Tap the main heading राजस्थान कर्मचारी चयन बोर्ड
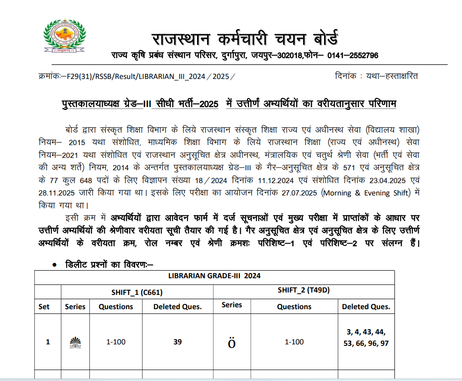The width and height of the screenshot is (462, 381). coord(245,38)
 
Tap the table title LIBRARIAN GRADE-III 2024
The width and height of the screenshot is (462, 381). coord(214,276)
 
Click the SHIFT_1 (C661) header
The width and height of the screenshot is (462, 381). coord(137,292)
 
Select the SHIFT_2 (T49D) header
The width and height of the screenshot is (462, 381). coord(304,290)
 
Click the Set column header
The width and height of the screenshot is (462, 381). coord(44,307)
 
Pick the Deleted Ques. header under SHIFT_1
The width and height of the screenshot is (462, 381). coord(177,307)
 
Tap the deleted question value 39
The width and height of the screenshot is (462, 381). coord(177,342)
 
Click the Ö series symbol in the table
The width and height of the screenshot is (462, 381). coord(232,342)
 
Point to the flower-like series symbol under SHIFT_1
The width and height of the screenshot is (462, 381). coord(75,342)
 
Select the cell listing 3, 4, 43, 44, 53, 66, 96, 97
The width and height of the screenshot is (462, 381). coord(366,337)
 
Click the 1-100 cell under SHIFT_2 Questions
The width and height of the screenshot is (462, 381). coord(294,342)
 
